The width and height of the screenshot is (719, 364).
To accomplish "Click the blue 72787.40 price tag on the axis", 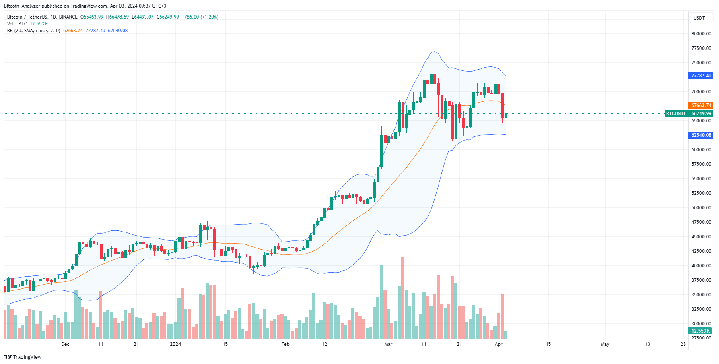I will click(x=701, y=76).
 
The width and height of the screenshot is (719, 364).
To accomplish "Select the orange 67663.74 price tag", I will click(x=701, y=105).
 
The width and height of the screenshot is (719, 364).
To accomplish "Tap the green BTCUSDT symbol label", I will click(x=676, y=114).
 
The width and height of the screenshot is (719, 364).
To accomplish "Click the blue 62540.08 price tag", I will click(x=701, y=135).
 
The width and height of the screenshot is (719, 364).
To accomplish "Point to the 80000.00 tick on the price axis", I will click(x=701, y=34).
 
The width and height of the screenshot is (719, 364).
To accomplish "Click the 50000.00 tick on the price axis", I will click(x=701, y=208).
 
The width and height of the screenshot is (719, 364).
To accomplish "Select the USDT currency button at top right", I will click(x=699, y=18).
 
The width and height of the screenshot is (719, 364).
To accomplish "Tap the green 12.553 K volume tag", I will click(x=700, y=331).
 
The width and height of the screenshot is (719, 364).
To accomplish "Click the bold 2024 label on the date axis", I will click(x=175, y=344).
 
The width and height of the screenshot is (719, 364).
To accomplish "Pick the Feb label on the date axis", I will click(x=285, y=344).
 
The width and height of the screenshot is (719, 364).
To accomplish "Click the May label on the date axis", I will click(x=605, y=344).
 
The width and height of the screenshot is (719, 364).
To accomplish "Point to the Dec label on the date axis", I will click(x=65, y=344).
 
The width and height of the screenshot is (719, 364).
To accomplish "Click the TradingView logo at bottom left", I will click(x=23, y=357).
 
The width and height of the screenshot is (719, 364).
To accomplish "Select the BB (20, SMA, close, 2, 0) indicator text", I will click(x=34, y=31).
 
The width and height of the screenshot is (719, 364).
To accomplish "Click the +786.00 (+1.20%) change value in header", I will click(x=200, y=17).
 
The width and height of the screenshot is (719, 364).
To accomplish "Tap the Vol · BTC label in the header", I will click(x=17, y=24).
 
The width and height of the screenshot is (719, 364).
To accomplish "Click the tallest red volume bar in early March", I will click(x=403, y=298).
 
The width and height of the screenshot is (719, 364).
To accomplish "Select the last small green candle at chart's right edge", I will click(x=506, y=116).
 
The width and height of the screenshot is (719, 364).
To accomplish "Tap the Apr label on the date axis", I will click(x=499, y=344).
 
